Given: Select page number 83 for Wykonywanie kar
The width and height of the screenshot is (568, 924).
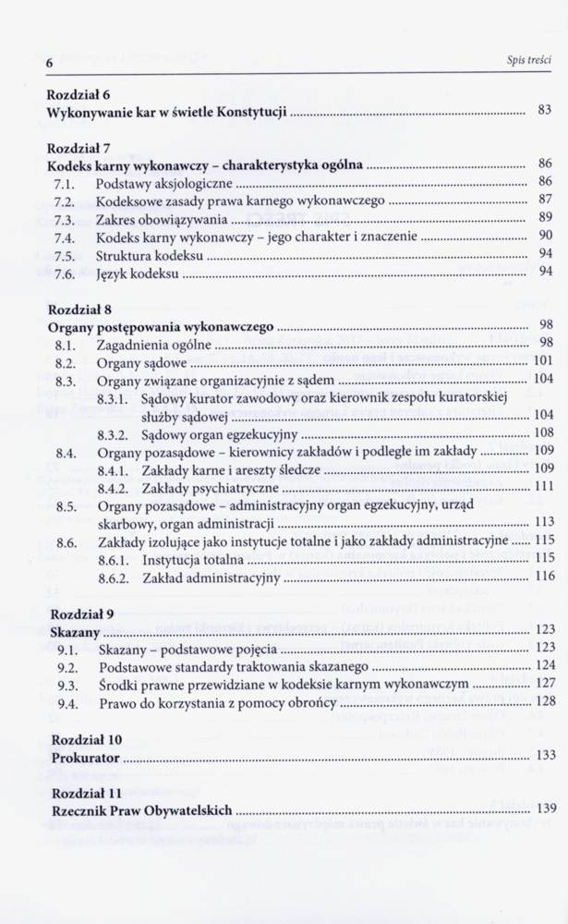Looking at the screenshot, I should tap(544, 111).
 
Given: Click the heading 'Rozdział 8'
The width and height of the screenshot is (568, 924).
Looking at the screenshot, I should tap(79, 309).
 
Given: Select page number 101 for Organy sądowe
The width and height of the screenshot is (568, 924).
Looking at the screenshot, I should tap(542, 361).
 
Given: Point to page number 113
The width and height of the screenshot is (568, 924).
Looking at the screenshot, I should tap(543, 522).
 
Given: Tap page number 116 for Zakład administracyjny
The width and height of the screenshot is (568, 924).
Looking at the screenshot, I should tap(543, 577).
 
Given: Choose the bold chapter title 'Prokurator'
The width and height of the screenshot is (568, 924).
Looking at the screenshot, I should tap(85, 757).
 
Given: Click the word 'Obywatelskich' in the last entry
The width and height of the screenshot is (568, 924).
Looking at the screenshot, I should tap(190, 810).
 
